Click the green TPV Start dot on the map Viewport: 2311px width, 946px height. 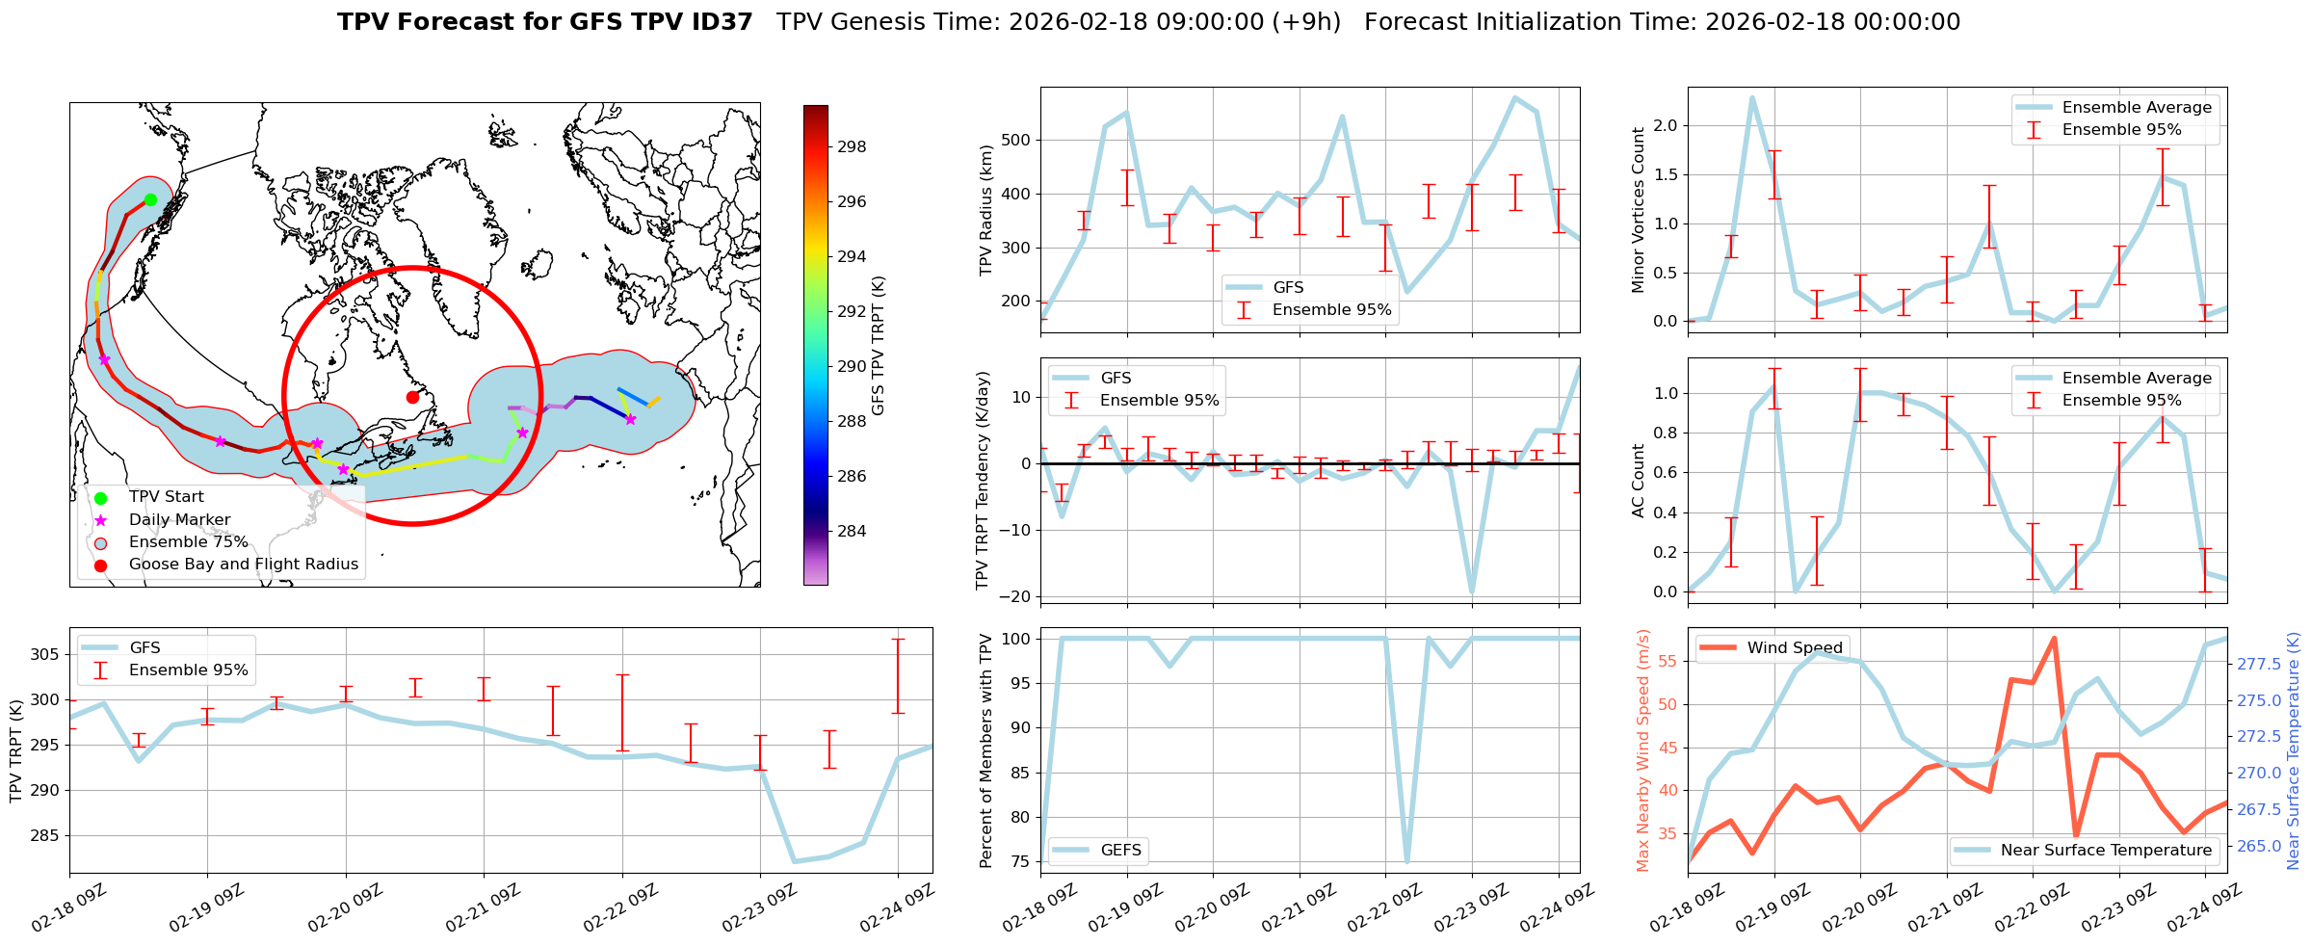150,199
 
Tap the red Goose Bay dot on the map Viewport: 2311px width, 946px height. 412,397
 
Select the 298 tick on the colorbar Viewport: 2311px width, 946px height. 852,147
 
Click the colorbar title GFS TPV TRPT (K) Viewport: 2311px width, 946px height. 878,346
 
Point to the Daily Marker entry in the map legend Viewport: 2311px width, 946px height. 179,520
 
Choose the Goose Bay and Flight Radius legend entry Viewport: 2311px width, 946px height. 243,565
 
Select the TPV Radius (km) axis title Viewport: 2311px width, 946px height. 985,210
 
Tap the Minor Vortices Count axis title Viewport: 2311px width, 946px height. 1638,210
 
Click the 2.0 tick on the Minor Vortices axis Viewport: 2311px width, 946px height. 1666,126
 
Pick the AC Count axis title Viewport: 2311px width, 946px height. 1638,481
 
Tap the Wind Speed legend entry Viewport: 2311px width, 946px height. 1795,648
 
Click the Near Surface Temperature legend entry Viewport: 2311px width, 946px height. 2106,851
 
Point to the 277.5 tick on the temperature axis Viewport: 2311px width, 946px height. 2258,664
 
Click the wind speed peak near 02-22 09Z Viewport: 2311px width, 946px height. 2054,638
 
